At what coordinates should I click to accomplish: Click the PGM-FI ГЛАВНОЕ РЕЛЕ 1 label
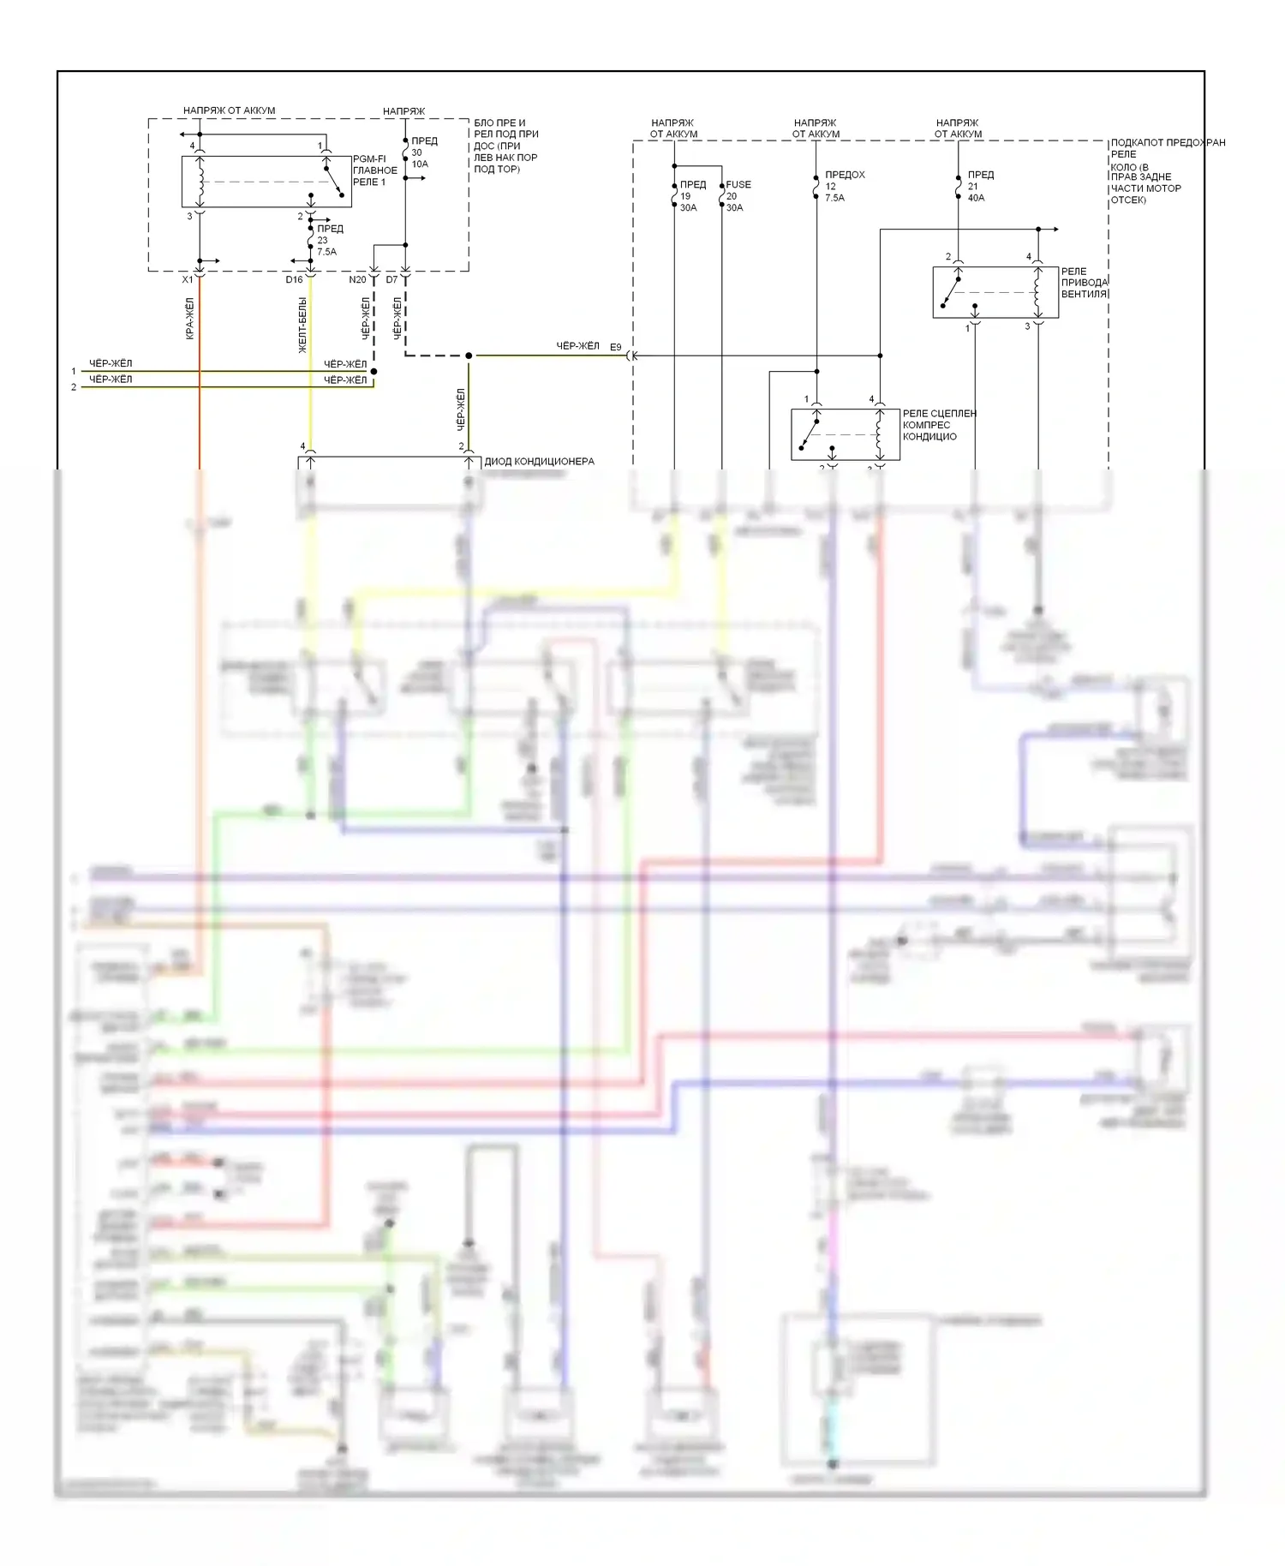click(374, 170)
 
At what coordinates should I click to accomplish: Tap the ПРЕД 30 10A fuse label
click(423, 152)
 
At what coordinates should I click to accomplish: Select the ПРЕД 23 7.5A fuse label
click(329, 240)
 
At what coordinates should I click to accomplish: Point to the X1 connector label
click(188, 280)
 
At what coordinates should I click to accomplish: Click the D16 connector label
click(294, 280)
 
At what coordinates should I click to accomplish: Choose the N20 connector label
click(357, 280)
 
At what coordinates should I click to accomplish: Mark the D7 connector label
click(391, 280)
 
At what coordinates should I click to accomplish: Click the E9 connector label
click(615, 347)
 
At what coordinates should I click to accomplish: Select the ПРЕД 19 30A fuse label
click(692, 196)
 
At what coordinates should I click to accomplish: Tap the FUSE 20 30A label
click(738, 196)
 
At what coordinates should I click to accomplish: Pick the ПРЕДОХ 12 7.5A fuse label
click(844, 186)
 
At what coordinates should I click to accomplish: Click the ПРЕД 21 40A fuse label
click(980, 186)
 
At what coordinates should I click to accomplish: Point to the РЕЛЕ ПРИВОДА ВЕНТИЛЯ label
click(1084, 283)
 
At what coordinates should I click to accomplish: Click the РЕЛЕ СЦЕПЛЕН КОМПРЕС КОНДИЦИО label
click(938, 425)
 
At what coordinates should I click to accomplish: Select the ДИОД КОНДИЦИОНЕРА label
click(539, 461)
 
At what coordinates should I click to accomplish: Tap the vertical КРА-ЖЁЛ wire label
click(189, 319)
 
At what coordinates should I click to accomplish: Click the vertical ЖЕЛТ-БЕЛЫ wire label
click(302, 326)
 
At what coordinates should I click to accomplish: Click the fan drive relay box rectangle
click(995, 292)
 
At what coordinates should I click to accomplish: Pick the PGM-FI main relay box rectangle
click(266, 181)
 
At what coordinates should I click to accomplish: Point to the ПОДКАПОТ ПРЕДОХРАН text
click(1168, 143)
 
